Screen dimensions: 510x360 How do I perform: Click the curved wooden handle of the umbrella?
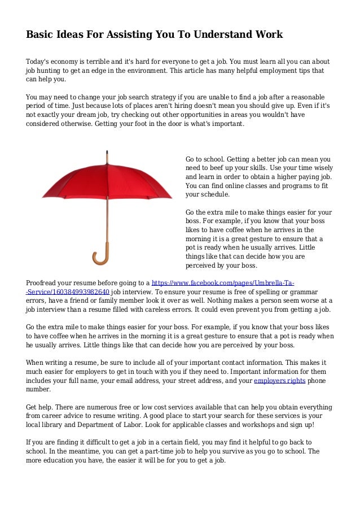[100, 257]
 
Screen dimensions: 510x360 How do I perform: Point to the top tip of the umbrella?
[107, 151]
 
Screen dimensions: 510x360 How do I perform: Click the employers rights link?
[280, 381]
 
